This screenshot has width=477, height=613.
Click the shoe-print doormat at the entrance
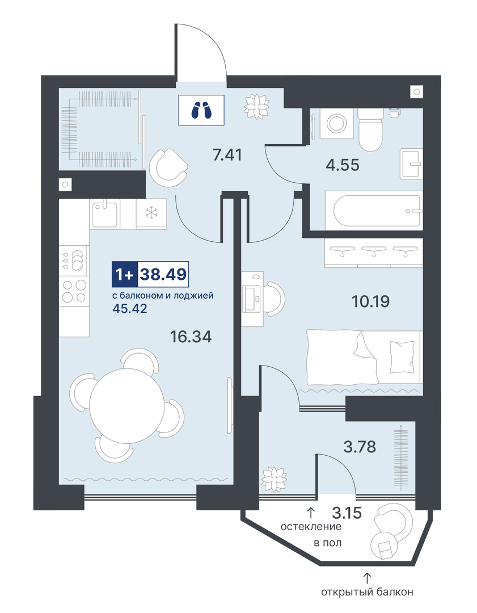[x=201, y=110]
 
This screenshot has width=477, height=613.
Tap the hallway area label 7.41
[x=227, y=155]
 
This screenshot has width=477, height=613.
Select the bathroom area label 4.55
[x=343, y=165]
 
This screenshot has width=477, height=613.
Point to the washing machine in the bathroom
[x=336, y=124]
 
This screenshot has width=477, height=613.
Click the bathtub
[x=374, y=211]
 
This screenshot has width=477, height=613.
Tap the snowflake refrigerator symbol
[x=151, y=213]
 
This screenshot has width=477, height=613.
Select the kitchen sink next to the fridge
[x=105, y=213]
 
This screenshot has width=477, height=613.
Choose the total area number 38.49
[x=163, y=275]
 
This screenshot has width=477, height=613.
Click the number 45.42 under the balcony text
[x=130, y=309]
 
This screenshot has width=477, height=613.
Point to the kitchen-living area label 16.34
[x=191, y=336]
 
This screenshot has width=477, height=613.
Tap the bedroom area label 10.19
[x=371, y=301]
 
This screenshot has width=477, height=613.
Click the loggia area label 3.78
[x=360, y=446]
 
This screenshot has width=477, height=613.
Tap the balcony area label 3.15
[x=347, y=513]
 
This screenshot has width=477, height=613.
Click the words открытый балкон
[x=367, y=592]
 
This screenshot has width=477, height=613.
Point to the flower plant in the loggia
[x=274, y=478]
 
